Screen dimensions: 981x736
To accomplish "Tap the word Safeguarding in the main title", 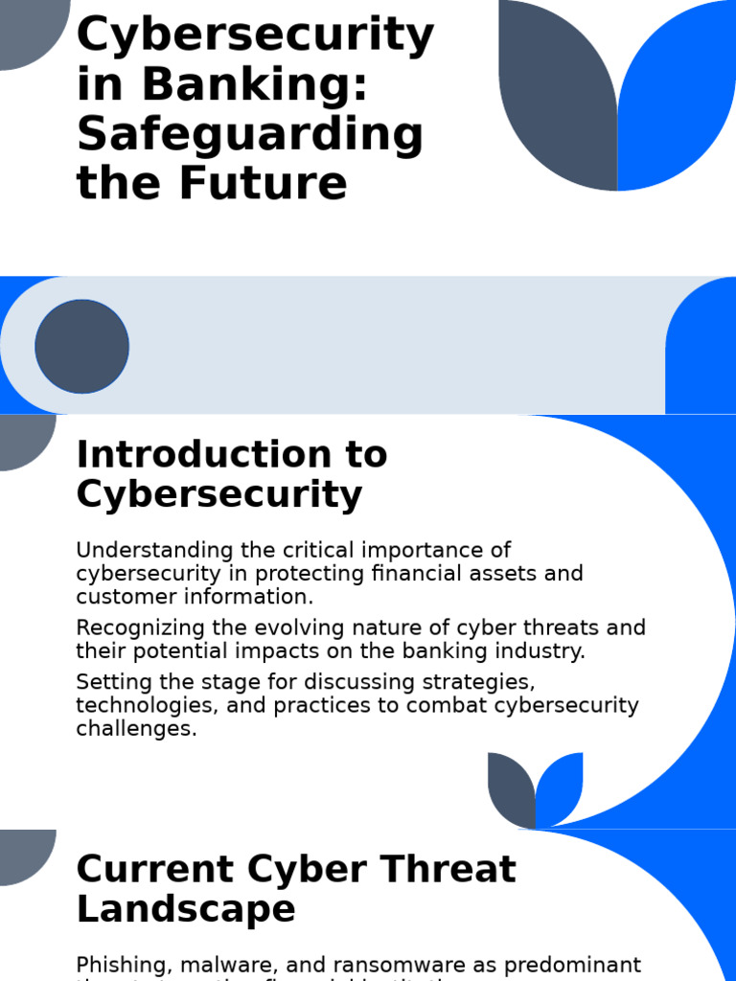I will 249,134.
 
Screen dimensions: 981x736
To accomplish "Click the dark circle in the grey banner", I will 81,346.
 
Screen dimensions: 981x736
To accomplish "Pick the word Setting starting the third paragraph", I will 106,683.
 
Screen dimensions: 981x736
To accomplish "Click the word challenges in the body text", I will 135,729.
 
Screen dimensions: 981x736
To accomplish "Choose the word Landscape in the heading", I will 186,909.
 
